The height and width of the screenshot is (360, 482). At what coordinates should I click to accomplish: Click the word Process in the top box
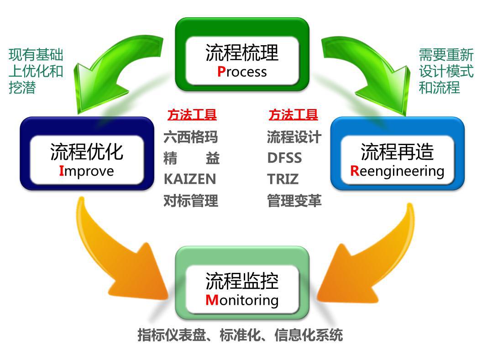(x=242, y=72)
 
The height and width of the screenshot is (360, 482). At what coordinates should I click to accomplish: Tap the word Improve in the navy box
(x=86, y=171)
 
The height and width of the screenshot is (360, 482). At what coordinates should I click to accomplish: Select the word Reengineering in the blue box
(x=397, y=171)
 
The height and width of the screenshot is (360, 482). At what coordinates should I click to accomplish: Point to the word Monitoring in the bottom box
(x=242, y=300)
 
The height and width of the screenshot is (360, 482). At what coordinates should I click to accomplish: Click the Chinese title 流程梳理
(x=242, y=53)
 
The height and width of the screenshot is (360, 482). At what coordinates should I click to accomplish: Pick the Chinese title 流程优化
(x=86, y=152)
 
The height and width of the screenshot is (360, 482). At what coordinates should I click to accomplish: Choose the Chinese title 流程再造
(x=397, y=152)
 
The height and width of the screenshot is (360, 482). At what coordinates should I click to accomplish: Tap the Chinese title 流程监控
(x=242, y=281)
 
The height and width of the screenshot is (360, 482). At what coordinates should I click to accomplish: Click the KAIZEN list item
(x=190, y=179)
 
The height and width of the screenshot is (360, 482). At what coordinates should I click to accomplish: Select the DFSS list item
(x=284, y=158)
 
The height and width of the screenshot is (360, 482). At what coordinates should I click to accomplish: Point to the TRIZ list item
(x=283, y=179)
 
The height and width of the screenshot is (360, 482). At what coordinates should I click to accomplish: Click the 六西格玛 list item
(x=191, y=137)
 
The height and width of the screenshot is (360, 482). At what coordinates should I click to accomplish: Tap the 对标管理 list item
(x=191, y=200)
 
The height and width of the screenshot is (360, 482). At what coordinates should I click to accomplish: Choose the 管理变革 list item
(x=294, y=200)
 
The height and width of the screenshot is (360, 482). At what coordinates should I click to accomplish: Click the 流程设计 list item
(x=294, y=137)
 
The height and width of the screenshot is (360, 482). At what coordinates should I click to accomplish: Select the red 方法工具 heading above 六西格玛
(x=192, y=115)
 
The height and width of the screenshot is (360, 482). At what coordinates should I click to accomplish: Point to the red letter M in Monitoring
(x=212, y=300)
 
